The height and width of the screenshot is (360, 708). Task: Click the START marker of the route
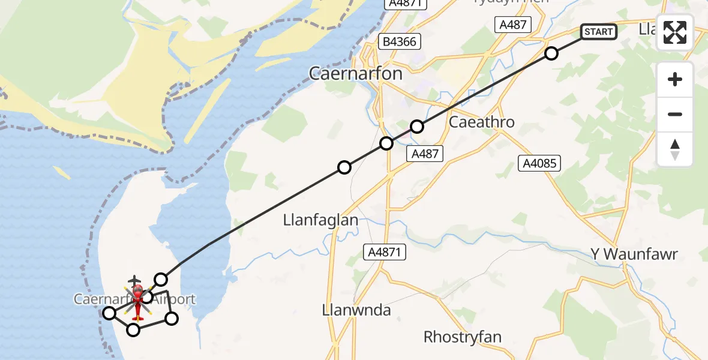(598, 32)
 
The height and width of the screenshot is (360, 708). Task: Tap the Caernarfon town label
(355, 73)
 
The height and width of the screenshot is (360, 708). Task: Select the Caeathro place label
(481, 122)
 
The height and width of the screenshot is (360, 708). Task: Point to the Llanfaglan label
(320, 220)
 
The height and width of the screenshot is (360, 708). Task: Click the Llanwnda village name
(356, 310)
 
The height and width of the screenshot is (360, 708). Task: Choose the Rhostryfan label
(462, 337)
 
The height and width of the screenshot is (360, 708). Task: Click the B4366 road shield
(400, 41)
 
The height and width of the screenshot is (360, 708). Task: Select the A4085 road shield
(539, 163)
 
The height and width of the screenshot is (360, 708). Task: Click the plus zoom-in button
(675, 80)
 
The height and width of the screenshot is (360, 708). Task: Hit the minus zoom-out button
(675, 115)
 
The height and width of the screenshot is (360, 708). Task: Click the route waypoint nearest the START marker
(551, 53)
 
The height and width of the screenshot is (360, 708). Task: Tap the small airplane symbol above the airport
(135, 280)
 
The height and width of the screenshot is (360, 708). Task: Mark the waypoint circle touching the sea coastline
(109, 313)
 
